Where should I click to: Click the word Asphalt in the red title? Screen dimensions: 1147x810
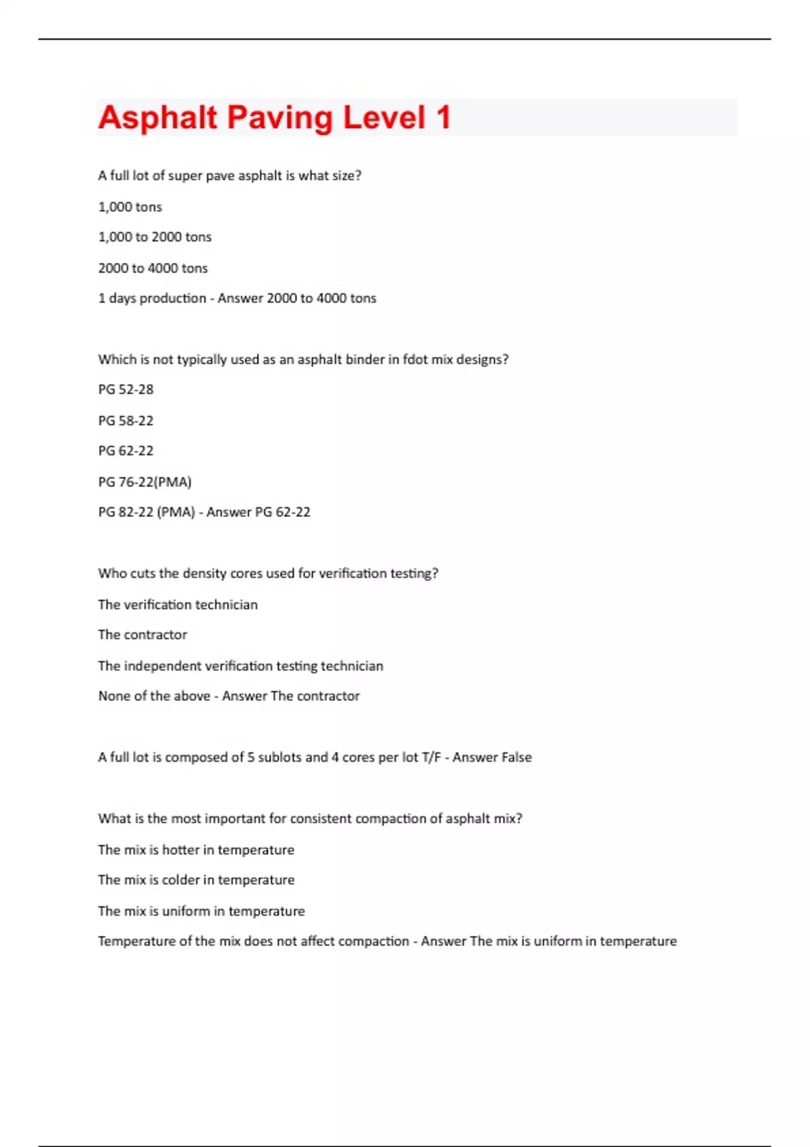click(157, 117)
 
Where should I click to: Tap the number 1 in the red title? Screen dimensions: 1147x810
click(443, 117)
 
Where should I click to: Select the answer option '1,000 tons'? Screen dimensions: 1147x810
click(130, 207)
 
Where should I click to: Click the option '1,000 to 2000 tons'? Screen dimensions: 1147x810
click(155, 237)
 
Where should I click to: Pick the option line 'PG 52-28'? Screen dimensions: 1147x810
click(126, 389)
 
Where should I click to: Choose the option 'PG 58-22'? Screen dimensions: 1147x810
click(126, 420)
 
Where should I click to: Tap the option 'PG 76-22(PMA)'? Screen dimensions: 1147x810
click(144, 482)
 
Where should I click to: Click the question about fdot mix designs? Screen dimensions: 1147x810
click(303, 360)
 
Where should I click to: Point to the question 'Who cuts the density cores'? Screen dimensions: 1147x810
click(268, 573)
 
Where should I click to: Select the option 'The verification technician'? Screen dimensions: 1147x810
click(178, 605)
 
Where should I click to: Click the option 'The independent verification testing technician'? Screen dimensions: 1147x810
click(240, 666)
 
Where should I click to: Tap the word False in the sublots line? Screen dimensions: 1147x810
click(512, 758)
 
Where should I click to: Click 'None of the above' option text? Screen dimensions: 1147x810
click(154, 696)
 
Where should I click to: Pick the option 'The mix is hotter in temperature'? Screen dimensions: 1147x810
click(196, 850)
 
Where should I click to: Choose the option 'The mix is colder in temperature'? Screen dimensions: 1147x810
click(196, 880)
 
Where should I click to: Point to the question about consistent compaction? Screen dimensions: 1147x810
click(310, 818)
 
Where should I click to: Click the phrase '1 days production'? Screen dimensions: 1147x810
click(152, 298)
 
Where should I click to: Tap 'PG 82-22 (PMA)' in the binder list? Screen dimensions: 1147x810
click(146, 512)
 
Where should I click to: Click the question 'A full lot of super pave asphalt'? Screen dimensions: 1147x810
click(230, 175)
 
